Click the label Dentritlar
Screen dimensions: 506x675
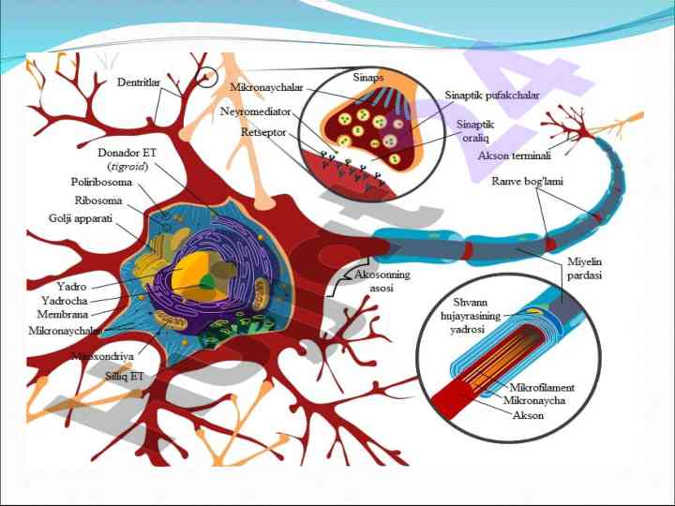(x=138, y=82)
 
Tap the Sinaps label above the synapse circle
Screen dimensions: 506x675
(x=367, y=77)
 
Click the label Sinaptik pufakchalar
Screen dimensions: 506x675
(x=492, y=95)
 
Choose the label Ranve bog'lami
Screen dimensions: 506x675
(x=527, y=181)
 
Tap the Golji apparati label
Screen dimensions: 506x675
(x=81, y=217)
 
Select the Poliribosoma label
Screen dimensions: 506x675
(x=101, y=182)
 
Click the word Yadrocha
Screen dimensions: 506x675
(x=65, y=300)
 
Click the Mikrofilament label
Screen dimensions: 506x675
(x=542, y=387)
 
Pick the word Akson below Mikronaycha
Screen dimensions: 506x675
(x=528, y=414)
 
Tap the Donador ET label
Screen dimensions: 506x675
(x=127, y=152)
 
